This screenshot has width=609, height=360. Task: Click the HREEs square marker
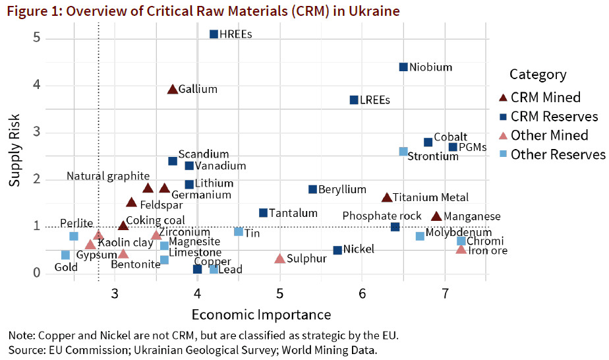coord(214,34)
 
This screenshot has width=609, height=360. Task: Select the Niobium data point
coord(403,67)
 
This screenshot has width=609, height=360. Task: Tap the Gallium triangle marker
coord(173,89)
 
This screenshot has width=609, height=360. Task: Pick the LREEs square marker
coord(354,100)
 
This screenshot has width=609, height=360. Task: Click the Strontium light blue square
coord(403,152)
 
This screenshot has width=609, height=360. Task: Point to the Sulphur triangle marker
coord(279,258)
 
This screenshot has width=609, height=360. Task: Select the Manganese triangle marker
coord(436,216)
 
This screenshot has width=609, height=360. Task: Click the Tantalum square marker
coord(263,213)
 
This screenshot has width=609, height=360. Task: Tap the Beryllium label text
coord(342,190)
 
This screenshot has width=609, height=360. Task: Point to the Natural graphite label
coord(108,176)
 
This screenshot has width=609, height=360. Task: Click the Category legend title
coord(538,75)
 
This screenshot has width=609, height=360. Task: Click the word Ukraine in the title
coord(375,11)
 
